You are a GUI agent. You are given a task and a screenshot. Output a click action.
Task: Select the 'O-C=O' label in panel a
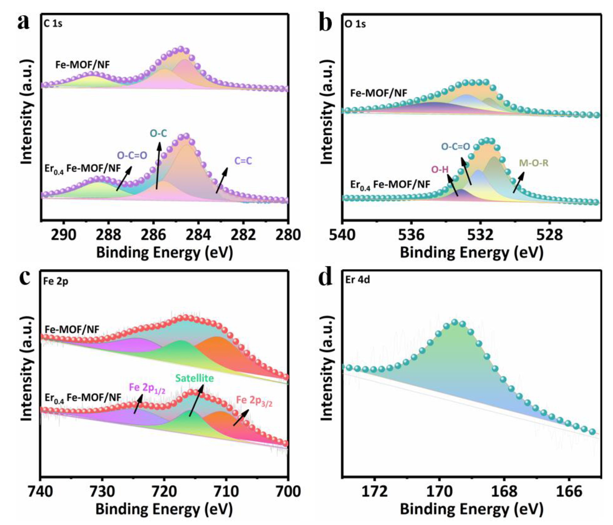tap(132, 155)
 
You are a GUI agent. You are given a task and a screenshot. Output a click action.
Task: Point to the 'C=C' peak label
tap(243, 161)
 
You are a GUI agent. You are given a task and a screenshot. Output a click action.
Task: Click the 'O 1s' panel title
tap(355, 24)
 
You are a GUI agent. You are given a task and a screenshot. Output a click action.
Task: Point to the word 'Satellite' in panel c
tap(194, 378)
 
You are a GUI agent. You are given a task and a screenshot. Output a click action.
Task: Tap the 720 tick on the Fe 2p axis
tap(164, 492)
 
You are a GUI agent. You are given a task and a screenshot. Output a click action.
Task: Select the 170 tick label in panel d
tap(439, 492)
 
